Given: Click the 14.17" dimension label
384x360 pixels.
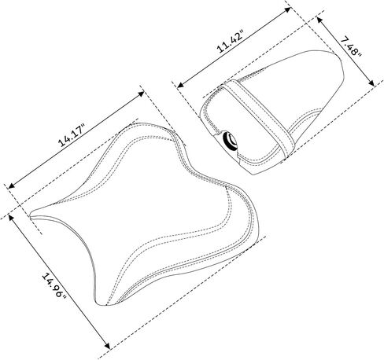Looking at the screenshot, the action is click(x=72, y=136).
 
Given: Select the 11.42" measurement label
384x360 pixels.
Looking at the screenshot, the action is click(x=231, y=42).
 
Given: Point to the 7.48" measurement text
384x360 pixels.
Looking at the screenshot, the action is click(x=352, y=47).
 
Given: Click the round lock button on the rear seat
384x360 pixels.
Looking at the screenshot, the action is click(x=230, y=141).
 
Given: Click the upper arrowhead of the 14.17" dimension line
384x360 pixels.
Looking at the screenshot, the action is click(x=141, y=94).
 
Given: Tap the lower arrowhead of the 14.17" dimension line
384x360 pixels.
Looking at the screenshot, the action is click(x=11, y=186).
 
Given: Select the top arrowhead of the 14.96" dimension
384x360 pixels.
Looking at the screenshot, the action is click(x=11, y=218).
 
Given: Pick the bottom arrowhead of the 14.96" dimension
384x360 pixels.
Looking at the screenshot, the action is click(x=107, y=345).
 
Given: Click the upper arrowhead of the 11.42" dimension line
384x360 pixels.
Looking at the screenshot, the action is click(x=288, y=10).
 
